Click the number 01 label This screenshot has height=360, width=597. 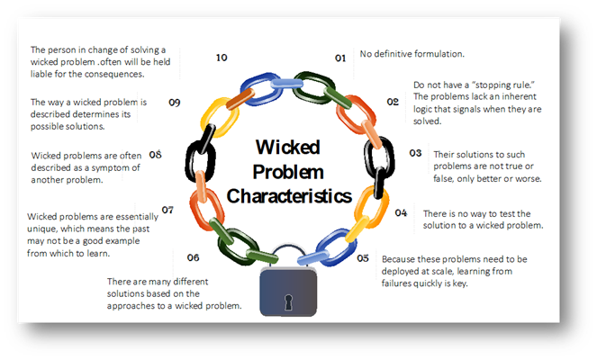point(340,58)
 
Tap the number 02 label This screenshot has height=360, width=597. point(393,102)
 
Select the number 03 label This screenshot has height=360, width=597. point(415,153)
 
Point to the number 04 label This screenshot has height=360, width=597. point(401,212)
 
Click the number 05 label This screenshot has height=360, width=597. point(363,258)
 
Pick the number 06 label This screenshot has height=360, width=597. point(193,257)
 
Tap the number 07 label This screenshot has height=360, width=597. point(167,210)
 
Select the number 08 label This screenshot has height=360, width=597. point(156,155)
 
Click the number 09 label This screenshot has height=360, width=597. point(175,103)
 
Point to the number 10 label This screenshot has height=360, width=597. point(222,58)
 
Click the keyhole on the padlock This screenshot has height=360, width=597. point(288,301)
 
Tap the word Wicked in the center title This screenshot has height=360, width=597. point(288,147)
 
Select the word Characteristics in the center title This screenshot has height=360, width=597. point(289,196)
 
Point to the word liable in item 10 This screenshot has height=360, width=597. point(41,74)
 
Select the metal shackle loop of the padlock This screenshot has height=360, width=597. point(288,247)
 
